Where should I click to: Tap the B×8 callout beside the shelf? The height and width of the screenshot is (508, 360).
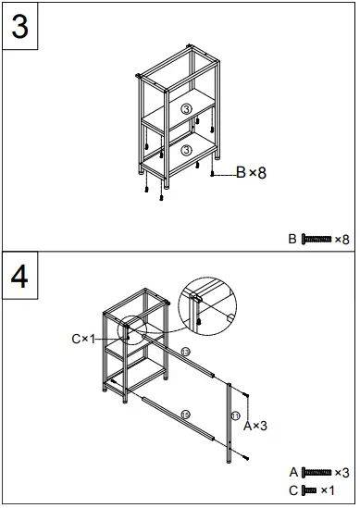click(250, 172)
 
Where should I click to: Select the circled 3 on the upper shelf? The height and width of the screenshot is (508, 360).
click(186, 110)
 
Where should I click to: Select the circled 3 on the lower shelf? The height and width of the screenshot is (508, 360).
click(186, 150)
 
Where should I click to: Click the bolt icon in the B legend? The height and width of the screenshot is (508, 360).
click(316, 240)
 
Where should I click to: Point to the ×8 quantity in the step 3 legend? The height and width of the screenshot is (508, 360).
click(341, 240)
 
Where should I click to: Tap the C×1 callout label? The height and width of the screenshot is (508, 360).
click(84, 339)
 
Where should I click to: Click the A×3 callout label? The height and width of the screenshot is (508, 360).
click(254, 426)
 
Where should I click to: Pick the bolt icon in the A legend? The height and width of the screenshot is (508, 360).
click(316, 473)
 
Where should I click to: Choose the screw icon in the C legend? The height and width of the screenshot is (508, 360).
click(310, 489)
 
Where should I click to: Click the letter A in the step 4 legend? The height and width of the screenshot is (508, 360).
click(293, 473)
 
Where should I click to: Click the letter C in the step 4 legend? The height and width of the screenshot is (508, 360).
click(293, 489)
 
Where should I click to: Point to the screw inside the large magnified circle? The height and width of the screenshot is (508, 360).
click(201, 319)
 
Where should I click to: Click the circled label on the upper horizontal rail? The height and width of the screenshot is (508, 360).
click(185, 353)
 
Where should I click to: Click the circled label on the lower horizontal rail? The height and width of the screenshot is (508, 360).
click(185, 414)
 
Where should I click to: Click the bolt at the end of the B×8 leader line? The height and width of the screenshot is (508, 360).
click(215, 174)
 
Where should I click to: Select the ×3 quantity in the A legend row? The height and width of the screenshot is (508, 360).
click(341, 473)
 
